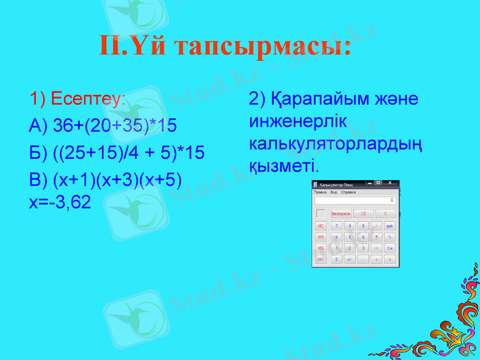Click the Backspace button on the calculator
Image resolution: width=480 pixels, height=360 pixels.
click(341, 214)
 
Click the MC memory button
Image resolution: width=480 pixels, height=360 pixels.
click(321, 226)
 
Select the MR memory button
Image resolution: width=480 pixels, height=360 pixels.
click(321, 237)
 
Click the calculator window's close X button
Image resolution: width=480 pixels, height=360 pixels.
click(391, 183)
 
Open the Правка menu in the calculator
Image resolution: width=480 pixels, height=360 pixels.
click(320, 192)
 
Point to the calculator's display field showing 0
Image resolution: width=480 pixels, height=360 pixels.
click(355, 200)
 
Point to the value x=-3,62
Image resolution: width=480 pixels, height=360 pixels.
click(60, 202)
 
